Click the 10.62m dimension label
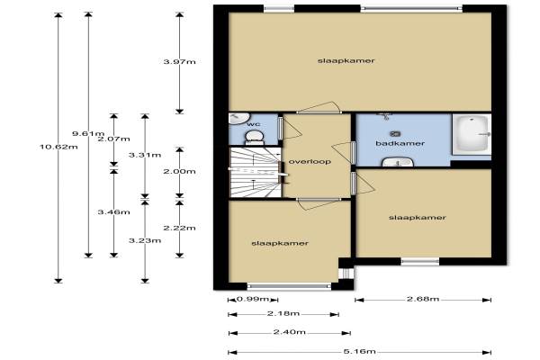point(58,147)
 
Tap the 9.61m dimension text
point(88,133)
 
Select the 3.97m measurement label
point(179,62)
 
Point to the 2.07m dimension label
point(114,139)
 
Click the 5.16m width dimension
point(359,352)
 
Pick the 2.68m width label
point(423,299)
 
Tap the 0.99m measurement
point(253,299)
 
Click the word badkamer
point(400,143)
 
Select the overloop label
point(310,162)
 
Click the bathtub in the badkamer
point(472,135)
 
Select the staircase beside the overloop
point(256,172)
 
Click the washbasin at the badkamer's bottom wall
point(398,162)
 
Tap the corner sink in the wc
point(236,119)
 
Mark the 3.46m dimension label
point(114,211)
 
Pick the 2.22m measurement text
point(179,228)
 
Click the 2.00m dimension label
point(179,171)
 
